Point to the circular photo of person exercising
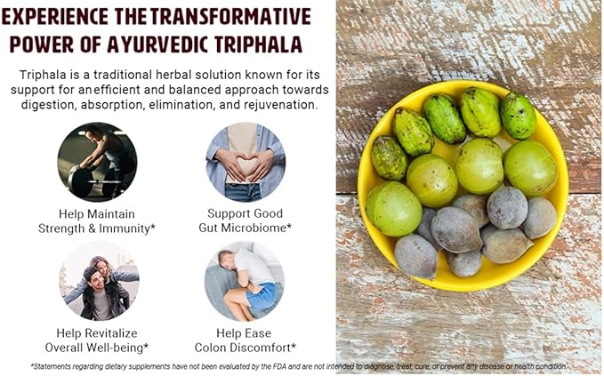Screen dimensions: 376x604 coord(97,161)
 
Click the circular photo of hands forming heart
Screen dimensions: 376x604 coord(245,161)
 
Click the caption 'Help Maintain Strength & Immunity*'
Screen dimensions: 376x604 coord(97,220)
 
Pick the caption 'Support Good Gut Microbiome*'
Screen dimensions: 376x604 coord(245,220)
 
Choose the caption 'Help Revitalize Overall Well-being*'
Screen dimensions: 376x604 coord(97,340)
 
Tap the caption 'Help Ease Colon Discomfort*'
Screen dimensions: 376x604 coord(245,340)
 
